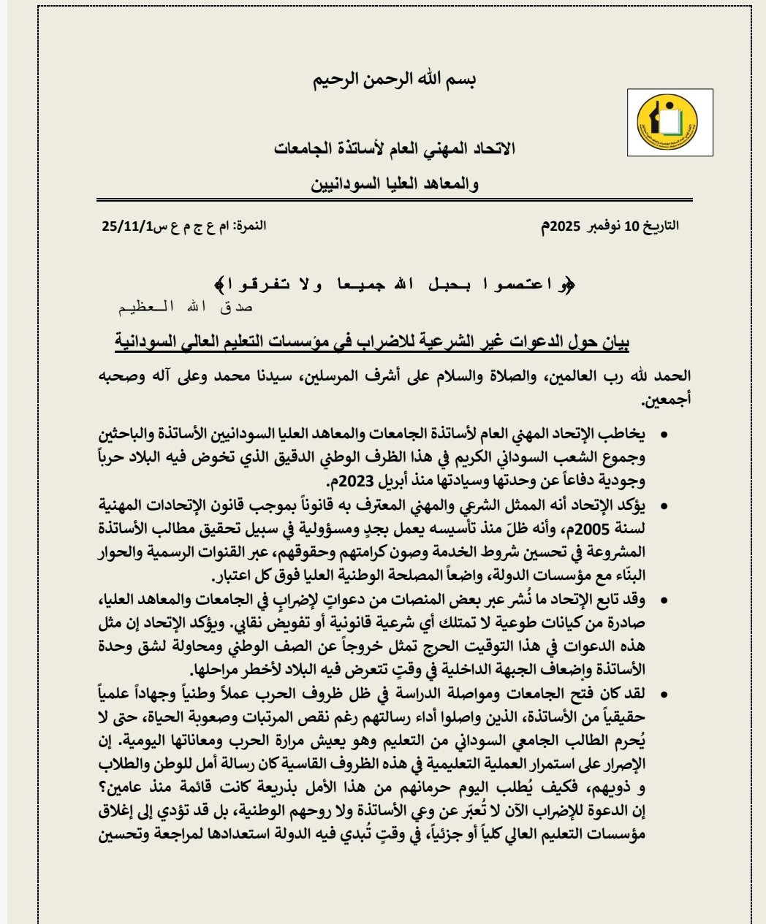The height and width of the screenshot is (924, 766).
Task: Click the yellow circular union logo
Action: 667,121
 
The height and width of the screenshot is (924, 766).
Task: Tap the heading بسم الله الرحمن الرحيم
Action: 395,79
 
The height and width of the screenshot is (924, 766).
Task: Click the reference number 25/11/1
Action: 126,226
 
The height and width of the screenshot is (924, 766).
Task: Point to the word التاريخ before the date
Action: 661,226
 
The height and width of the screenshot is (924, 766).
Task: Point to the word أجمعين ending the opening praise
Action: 664,400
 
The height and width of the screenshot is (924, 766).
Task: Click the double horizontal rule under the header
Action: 395,199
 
